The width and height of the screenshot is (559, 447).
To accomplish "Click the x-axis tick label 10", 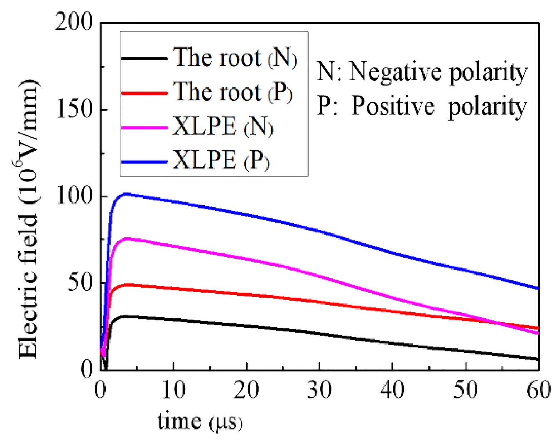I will coord(173,389).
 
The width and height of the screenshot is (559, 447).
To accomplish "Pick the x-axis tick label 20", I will coord(246,389).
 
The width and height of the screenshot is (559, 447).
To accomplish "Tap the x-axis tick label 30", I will coord(319,389).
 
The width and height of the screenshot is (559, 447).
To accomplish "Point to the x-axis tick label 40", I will coord(392,389).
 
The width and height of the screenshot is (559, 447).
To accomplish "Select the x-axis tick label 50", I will coord(465,389).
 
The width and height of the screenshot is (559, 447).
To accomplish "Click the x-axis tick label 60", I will coord(538,389).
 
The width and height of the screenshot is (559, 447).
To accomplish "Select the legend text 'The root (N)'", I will coord(235,58).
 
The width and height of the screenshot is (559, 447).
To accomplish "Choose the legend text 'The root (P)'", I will coord(232,92).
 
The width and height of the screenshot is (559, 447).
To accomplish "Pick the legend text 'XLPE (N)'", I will coord(222,127).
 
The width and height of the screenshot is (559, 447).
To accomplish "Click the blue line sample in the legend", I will coord(144,161).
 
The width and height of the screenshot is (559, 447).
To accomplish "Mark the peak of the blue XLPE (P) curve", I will coord(126,194).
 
